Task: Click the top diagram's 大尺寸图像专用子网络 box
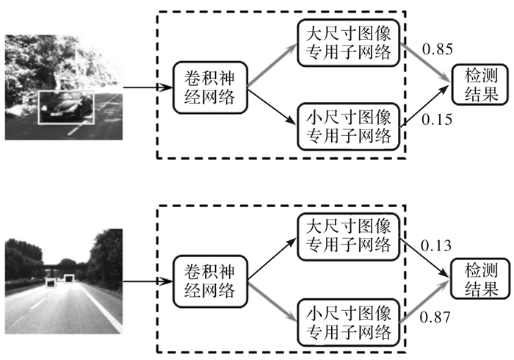[348, 43]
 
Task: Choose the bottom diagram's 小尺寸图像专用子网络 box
[348, 320]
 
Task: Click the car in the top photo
[68, 107]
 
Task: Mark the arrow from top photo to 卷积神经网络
[147, 88]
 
